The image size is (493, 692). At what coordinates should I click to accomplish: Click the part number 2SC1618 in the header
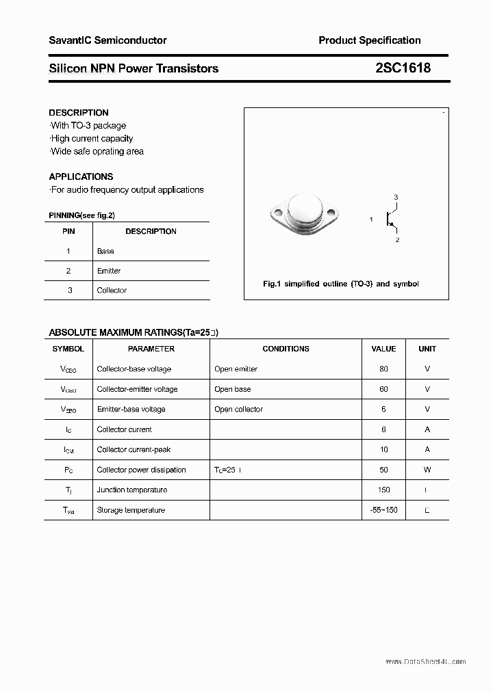pyautogui.click(x=403, y=68)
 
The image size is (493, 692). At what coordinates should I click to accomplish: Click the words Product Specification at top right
pyautogui.click(x=369, y=40)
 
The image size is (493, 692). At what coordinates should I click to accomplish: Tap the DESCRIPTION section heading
pyautogui.click(x=79, y=113)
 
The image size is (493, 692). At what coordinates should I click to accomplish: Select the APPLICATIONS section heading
pyautogui.click(x=81, y=176)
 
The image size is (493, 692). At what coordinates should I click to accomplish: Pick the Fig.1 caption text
pyautogui.click(x=340, y=284)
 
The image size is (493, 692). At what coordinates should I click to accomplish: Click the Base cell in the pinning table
pyautogui.click(x=105, y=251)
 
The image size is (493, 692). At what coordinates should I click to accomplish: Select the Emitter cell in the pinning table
pyautogui.click(x=109, y=271)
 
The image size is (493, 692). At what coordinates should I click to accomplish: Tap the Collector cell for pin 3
pyautogui.click(x=112, y=291)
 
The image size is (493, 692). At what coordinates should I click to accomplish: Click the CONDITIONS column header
pyautogui.click(x=286, y=349)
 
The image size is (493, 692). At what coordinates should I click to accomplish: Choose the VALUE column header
pyautogui.click(x=383, y=349)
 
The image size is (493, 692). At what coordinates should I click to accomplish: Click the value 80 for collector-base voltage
pyautogui.click(x=383, y=369)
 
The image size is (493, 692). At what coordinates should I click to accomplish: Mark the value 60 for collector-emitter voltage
pyautogui.click(x=383, y=389)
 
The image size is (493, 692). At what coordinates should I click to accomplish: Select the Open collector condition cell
pyautogui.click(x=238, y=410)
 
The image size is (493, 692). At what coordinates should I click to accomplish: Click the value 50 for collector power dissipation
pyautogui.click(x=383, y=470)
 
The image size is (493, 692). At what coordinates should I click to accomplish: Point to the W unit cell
pyautogui.click(x=427, y=470)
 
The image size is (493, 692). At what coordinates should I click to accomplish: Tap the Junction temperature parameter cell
pyautogui.click(x=132, y=490)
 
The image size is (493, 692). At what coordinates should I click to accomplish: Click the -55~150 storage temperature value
pyautogui.click(x=383, y=510)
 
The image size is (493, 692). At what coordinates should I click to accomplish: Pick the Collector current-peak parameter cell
pyautogui.click(x=134, y=450)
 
